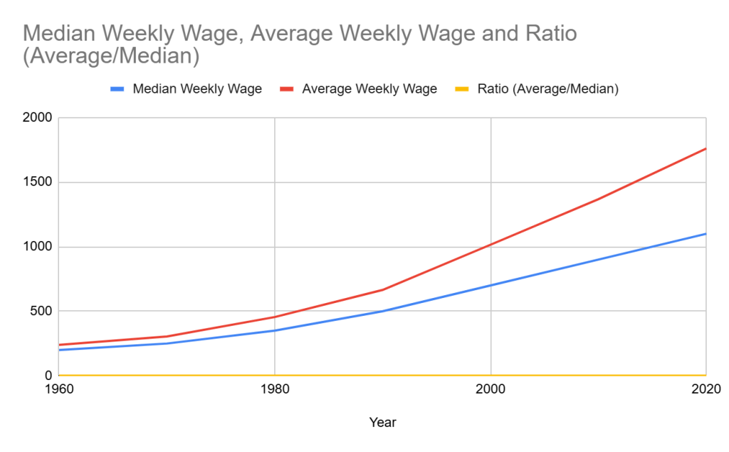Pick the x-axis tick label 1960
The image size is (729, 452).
[58, 389]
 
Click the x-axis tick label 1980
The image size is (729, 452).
[275, 389]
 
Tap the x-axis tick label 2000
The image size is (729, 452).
[491, 389]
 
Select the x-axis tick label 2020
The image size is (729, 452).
[706, 389]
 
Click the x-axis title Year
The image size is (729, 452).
[382, 423]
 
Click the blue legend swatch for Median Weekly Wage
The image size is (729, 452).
[117, 89]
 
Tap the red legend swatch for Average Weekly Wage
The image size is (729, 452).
[287, 89]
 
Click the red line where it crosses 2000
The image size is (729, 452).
[491, 245]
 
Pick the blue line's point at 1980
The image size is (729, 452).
[275, 330]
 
